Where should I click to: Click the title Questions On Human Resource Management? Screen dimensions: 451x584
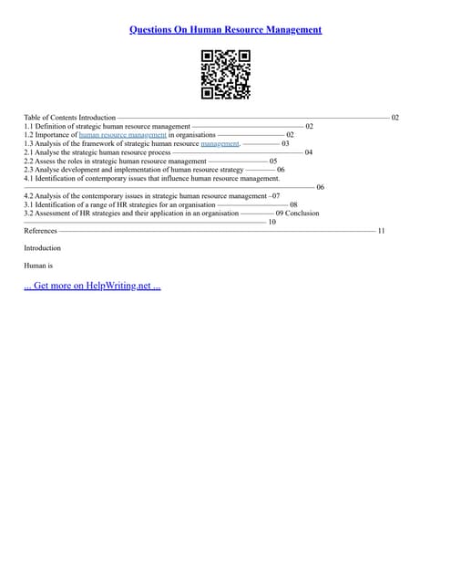[x=225, y=29]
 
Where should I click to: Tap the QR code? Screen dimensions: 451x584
[x=225, y=74]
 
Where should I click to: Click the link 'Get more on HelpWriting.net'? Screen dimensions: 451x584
[x=92, y=286]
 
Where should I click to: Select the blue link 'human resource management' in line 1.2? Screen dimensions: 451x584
[x=122, y=135]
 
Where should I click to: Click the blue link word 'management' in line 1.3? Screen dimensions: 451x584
[x=220, y=143]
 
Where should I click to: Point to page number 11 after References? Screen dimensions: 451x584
[x=381, y=231]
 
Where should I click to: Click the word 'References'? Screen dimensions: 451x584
[x=40, y=231]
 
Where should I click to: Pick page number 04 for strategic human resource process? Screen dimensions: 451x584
[x=309, y=152]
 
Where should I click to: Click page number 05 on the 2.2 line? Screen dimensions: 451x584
[x=273, y=162]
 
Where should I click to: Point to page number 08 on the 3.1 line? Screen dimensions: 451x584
[x=293, y=204]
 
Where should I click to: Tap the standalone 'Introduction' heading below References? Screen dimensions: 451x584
[x=42, y=248]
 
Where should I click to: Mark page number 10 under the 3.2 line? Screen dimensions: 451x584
[x=272, y=222]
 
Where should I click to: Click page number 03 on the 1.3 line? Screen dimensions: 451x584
[x=286, y=143]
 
